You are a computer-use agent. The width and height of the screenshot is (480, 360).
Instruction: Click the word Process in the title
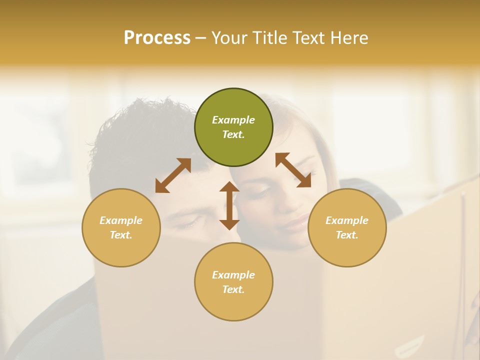click(157, 38)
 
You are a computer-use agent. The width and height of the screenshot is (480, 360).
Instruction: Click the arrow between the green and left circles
click(173, 175)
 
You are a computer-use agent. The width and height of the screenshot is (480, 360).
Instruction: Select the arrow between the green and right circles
click(293, 170)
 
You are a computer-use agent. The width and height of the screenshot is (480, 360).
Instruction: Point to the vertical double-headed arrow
click(229, 205)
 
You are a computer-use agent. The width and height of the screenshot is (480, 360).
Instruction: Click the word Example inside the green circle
click(233, 120)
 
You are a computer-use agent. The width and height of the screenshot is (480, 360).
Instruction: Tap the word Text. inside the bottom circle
click(233, 289)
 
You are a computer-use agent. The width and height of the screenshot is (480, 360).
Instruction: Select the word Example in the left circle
click(121, 220)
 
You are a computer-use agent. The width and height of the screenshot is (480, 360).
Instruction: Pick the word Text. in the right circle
click(347, 235)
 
